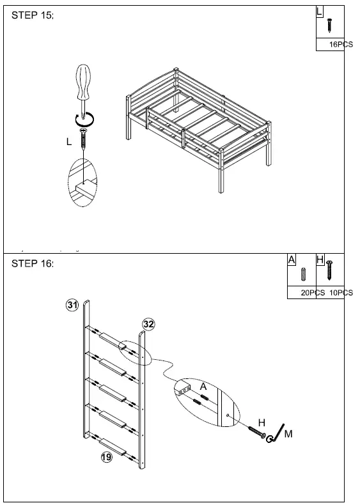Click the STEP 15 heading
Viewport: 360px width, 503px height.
tap(33, 15)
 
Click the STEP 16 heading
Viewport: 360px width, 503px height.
tap(33, 264)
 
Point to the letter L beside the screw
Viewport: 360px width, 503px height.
tap(69, 143)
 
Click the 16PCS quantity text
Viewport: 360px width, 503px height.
tap(340, 45)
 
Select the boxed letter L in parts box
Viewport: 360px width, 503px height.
tap(320, 12)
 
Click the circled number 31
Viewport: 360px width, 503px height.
tap(72, 306)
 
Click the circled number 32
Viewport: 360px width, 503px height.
tap(148, 324)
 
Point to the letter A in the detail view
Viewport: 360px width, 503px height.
tap(203, 387)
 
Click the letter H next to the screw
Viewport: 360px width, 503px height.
tap(261, 422)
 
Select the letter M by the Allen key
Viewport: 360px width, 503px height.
tap(288, 434)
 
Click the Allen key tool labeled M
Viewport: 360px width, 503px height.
tap(276, 432)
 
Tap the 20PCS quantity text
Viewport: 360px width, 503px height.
tap(313, 293)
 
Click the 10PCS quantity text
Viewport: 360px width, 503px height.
tap(341, 293)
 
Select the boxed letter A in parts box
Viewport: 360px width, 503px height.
tap(292, 259)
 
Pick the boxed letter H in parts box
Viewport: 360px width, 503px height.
tap(320, 259)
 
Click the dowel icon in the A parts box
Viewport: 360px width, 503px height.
tap(304, 275)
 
